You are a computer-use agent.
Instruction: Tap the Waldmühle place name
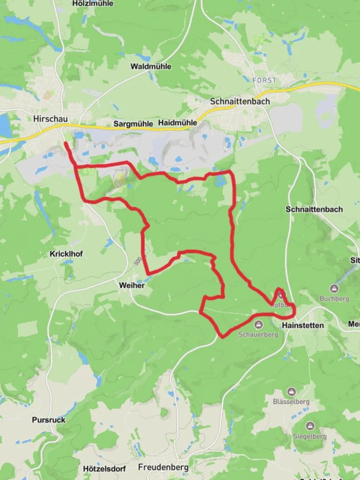151,67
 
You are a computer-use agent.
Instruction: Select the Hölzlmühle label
92,4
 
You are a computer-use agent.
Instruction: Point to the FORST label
264,80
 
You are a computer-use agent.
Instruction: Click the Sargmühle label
133,124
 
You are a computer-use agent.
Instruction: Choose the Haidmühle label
177,123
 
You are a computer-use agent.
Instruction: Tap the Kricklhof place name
66,254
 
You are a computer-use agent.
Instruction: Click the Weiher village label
132,285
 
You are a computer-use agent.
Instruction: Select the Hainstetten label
303,325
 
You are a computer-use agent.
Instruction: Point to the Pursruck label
48,420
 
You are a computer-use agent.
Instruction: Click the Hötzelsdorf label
104,468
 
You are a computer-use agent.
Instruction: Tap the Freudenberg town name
163,467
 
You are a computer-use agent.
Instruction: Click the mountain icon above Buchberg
334,289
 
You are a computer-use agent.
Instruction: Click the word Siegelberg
310,436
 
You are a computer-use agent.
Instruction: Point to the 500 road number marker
137,260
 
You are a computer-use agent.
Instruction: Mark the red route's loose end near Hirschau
66,144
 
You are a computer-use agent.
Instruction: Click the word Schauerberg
258,334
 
